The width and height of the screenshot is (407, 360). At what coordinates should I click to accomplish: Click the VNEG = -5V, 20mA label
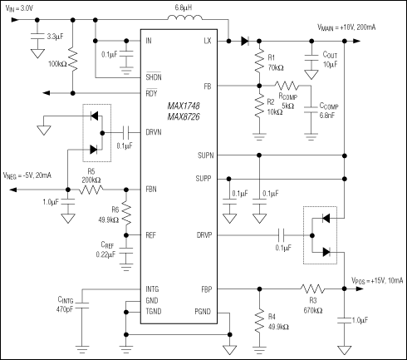[x=28, y=175]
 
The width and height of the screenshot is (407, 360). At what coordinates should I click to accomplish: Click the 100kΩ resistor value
[x=55, y=63]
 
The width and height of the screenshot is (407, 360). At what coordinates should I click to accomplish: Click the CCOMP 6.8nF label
[x=327, y=112]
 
